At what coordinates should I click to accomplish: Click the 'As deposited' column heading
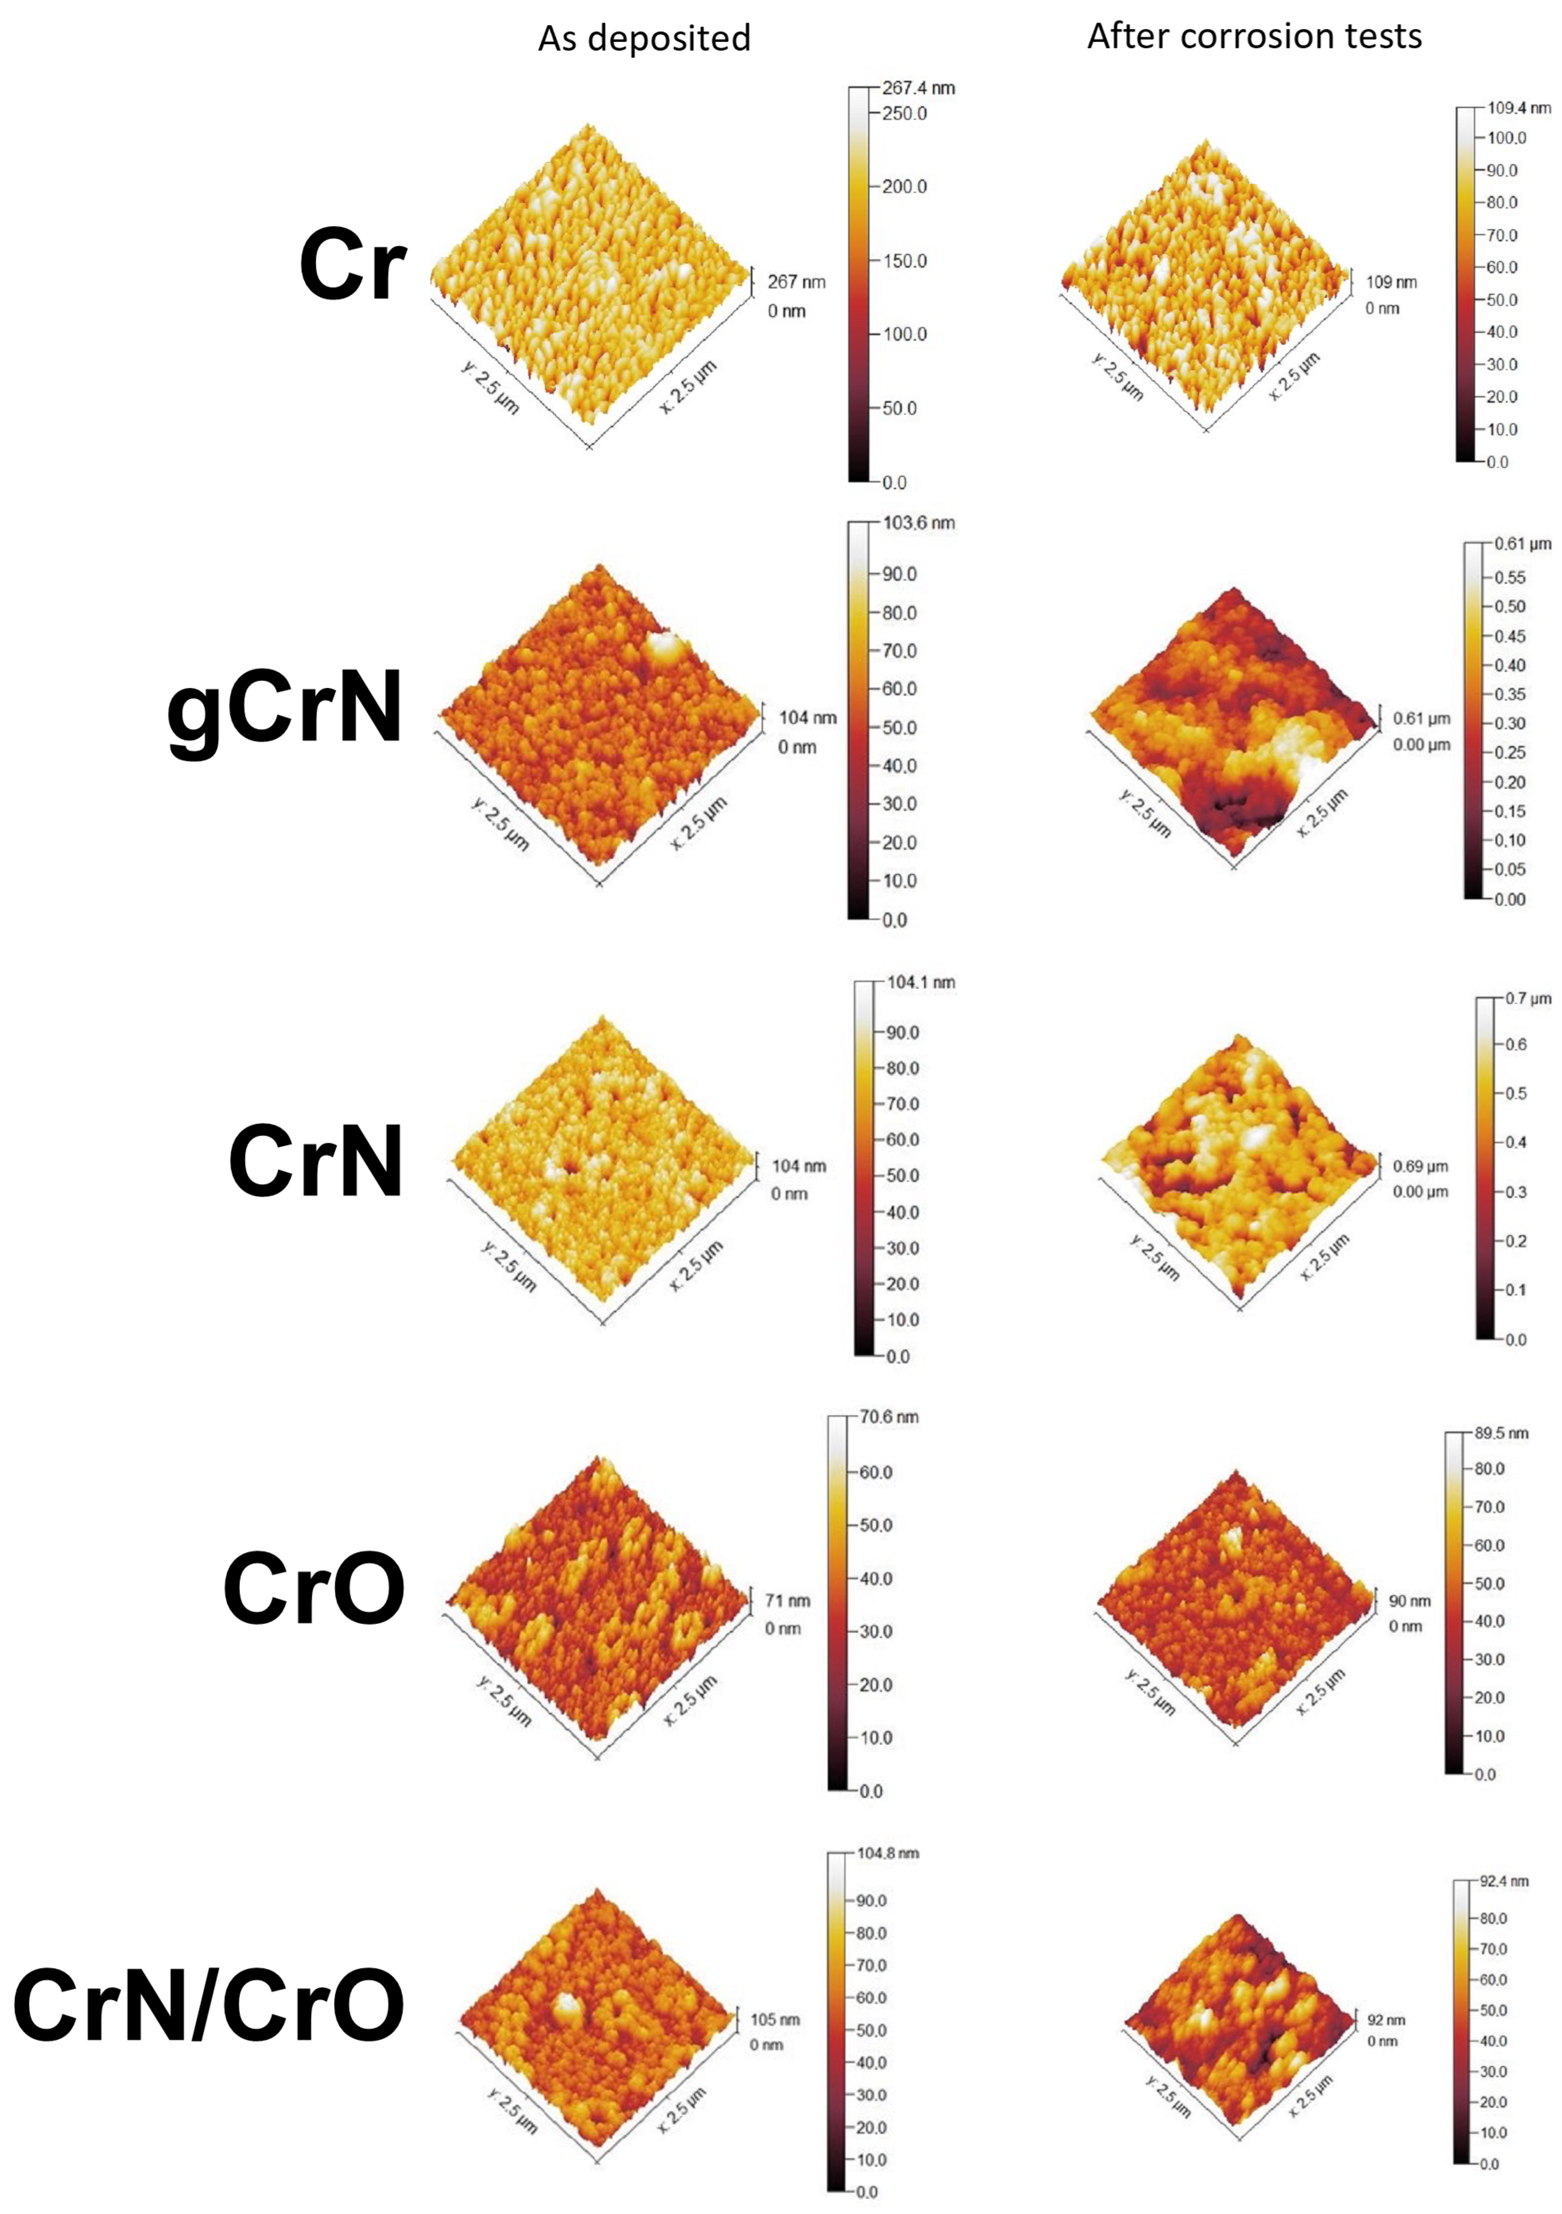point(644,38)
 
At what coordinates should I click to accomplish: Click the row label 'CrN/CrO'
point(208,2006)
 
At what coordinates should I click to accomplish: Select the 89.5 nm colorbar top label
point(1501,1433)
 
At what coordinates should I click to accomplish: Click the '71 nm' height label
point(787,1601)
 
